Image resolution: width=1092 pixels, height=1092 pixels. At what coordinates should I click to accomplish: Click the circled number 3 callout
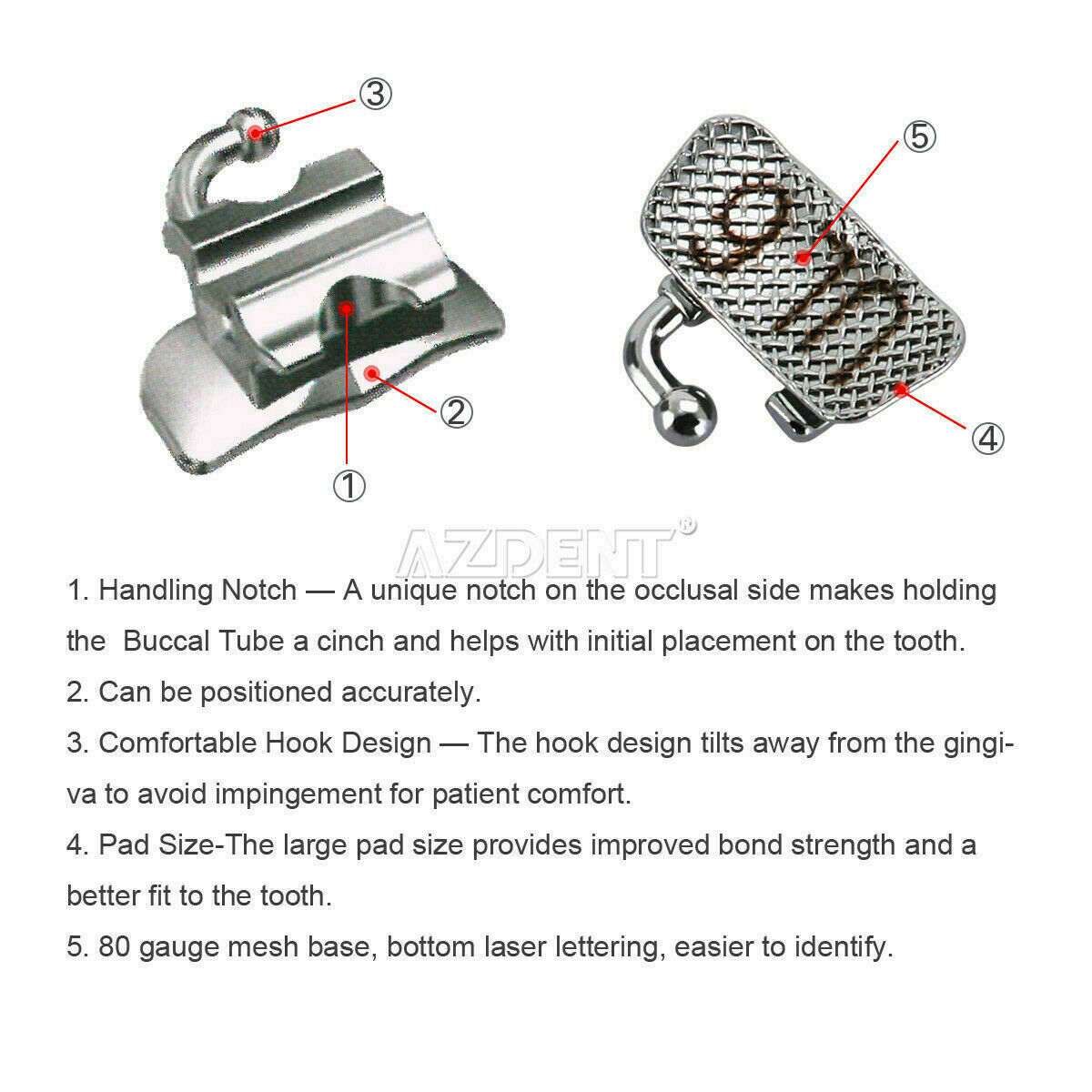tap(375, 94)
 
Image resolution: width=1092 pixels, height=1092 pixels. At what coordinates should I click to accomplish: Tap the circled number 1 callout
tap(349, 486)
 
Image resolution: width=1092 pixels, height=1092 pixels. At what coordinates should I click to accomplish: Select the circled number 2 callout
tap(456, 412)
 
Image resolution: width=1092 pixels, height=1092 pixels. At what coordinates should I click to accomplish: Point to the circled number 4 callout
tap(987, 439)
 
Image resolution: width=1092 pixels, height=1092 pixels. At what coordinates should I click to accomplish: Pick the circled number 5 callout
tap(919, 137)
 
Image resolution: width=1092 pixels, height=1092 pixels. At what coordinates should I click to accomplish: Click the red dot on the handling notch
tap(347, 308)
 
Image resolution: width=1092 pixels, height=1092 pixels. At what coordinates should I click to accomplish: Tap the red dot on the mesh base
tap(803, 258)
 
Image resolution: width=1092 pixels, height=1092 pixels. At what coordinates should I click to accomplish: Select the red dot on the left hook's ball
tap(256, 133)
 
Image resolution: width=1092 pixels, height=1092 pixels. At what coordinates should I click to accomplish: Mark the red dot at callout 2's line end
tap(372, 373)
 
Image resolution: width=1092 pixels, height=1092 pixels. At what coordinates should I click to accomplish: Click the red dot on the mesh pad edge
tap(901, 389)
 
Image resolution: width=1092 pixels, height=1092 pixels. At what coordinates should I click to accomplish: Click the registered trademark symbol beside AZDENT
tap(687, 526)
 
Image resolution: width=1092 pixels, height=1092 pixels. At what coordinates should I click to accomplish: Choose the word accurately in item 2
tap(411, 693)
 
